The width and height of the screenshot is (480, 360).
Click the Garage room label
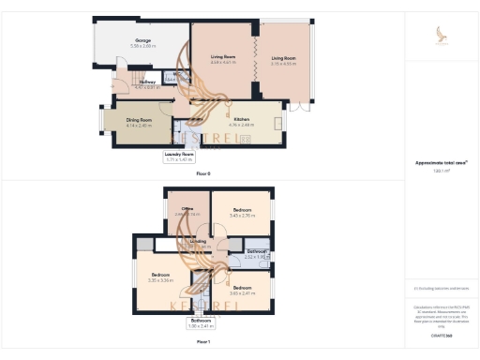tap(143, 41)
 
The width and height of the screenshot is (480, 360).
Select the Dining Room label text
tap(140, 121)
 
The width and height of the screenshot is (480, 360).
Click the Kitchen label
tap(241, 121)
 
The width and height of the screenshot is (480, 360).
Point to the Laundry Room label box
tap(179, 157)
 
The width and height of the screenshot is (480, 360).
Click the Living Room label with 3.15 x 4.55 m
tap(283, 60)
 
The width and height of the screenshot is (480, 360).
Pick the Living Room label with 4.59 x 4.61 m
tap(223, 60)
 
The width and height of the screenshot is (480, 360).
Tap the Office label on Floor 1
tap(187, 210)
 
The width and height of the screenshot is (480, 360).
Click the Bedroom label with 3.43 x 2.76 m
tap(242, 211)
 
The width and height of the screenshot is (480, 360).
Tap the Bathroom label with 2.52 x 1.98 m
tap(257, 253)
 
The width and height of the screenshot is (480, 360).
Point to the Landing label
tap(198, 243)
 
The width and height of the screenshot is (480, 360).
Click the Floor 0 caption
tap(203, 174)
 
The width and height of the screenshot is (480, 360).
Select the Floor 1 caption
tap(203, 342)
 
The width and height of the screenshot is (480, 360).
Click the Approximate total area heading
tap(441, 163)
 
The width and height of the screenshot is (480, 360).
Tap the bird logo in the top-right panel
tap(442, 36)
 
